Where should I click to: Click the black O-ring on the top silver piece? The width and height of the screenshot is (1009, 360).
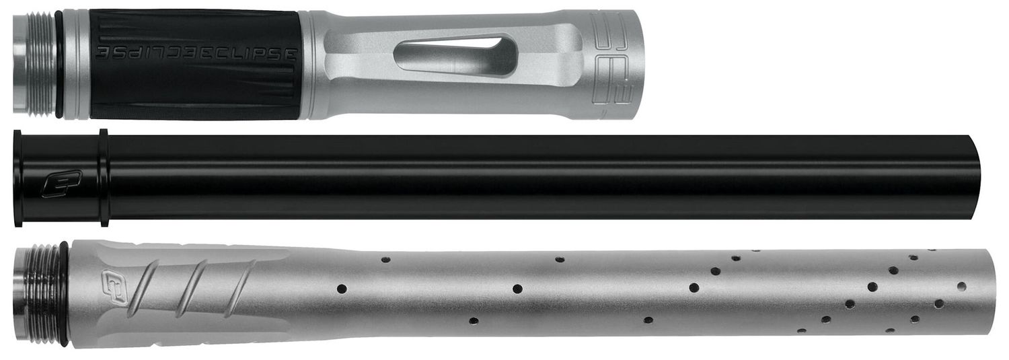point(59,65)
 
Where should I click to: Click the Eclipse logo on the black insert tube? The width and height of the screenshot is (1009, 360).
point(61,184)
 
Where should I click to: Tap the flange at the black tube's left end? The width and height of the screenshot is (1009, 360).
point(17,178)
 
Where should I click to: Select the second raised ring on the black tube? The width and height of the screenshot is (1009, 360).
point(103,178)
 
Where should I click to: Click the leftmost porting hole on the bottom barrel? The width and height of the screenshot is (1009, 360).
point(342,289)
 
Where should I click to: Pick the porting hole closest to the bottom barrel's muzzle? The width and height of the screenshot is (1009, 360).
point(962,286)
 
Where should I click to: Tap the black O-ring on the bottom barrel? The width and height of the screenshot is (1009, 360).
point(63,294)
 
